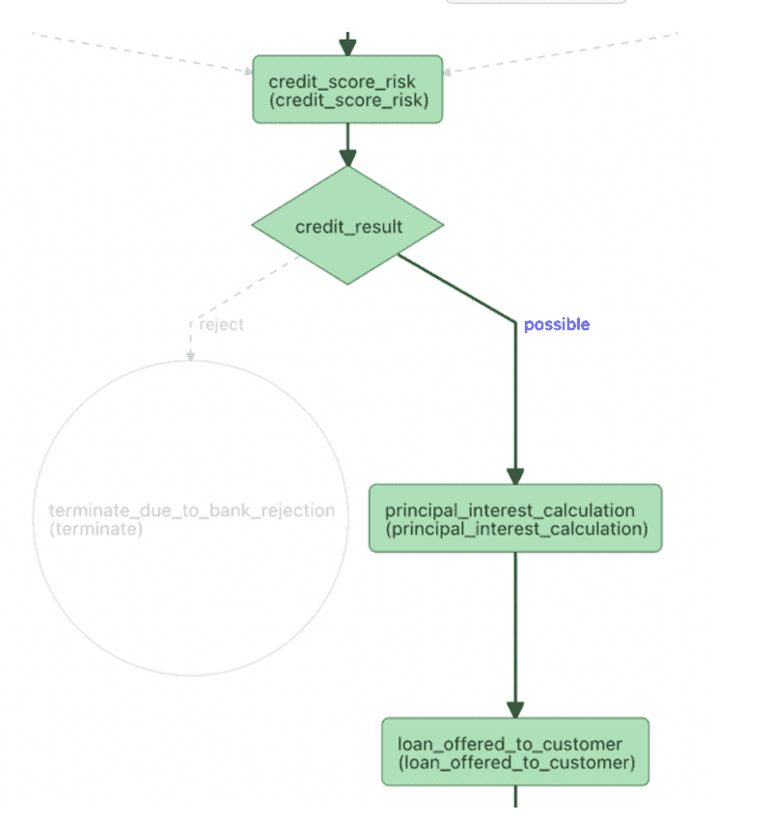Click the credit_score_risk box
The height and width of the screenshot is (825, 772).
coord(347,90)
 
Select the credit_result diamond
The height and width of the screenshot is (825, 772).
coord(347,226)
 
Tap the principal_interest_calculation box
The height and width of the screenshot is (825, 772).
coord(515,518)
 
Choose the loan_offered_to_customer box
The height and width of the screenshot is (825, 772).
coord(515,752)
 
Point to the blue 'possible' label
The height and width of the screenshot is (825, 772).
coord(556,325)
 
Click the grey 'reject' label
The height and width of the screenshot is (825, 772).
coord(221,324)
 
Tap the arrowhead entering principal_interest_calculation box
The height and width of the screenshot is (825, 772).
coord(515,477)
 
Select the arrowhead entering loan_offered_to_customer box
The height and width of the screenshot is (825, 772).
coord(515,710)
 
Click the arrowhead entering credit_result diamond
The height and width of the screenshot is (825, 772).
coord(347,159)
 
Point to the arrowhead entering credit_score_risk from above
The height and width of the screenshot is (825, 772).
coord(347,47)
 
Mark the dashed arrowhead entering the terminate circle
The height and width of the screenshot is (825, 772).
coord(190,356)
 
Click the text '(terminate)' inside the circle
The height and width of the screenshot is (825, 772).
coord(95,529)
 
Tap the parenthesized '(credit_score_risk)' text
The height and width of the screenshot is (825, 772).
coord(347,100)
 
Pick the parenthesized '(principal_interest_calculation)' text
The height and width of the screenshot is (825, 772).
coord(515,529)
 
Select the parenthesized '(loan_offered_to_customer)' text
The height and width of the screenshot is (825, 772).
coord(515,763)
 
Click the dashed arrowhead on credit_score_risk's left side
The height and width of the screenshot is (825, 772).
coord(247,69)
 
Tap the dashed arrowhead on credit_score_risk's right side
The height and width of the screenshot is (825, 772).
coord(449,70)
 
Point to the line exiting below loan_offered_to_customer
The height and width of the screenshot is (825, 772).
coord(515,797)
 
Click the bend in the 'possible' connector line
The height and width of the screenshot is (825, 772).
coord(515,321)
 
